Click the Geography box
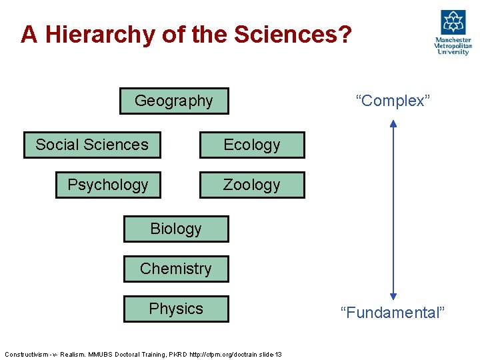[x=174, y=101]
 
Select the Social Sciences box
[x=92, y=145]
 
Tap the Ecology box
[x=252, y=145]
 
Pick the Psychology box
[x=108, y=185]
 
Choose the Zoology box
[x=252, y=185]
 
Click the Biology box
[x=176, y=229]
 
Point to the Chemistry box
[x=176, y=269]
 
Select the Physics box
[x=176, y=309]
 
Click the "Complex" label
[x=393, y=101]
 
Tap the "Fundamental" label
[x=392, y=313]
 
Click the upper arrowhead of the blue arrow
[x=393, y=123]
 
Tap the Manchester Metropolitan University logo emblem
[x=453, y=22]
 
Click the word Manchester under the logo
[x=453, y=41]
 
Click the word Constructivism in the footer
[x=27, y=354]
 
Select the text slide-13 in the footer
[x=269, y=354]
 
